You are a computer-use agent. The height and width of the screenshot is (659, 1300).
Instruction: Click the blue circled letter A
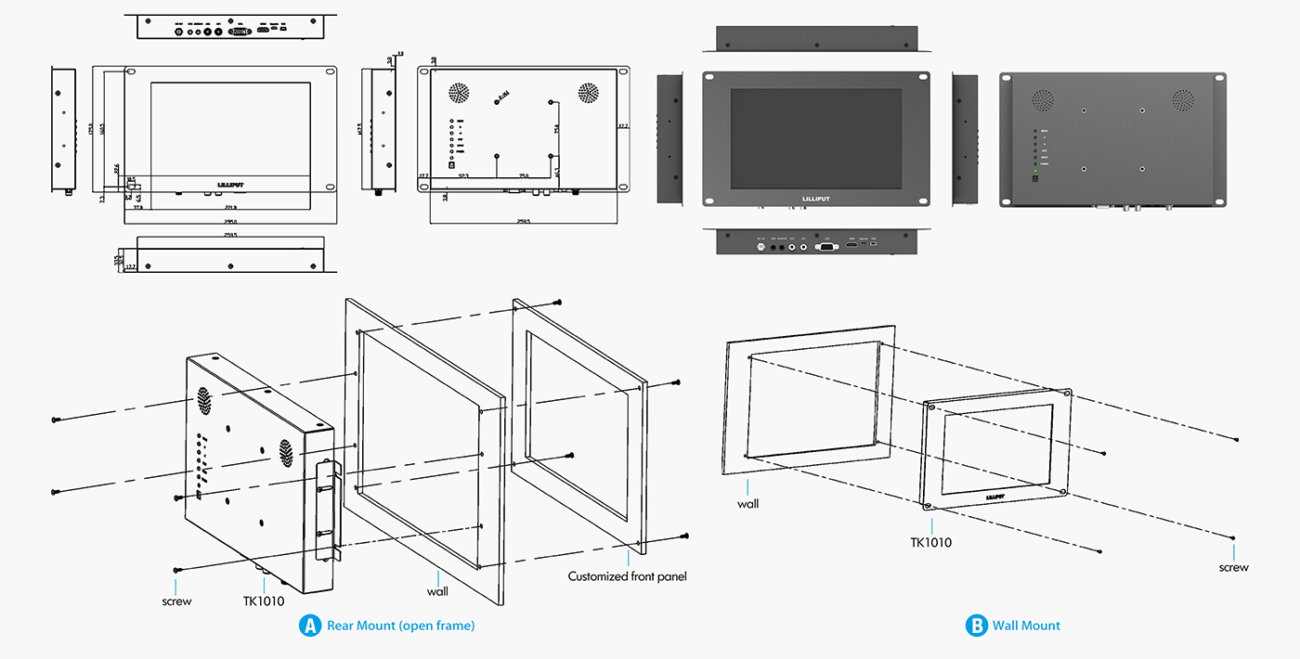(309, 626)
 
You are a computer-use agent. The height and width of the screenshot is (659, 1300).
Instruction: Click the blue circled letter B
(976, 626)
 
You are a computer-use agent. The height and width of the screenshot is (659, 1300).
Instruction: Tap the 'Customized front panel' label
(627, 576)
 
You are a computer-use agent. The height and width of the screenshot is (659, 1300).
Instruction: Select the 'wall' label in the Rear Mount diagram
(437, 590)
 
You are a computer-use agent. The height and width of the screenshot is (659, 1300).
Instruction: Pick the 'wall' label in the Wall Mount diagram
(747, 504)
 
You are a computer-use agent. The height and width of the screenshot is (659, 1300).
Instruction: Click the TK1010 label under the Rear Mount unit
(264, 601)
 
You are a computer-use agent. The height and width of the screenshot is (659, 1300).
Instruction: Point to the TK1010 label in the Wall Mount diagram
(930, 543)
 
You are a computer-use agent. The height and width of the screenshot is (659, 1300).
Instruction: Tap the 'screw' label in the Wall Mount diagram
(1233, 567)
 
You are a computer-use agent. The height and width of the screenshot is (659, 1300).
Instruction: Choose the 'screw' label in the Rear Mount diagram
(176, 601)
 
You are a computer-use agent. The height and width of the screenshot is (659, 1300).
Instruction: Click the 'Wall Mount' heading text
(1026, 626)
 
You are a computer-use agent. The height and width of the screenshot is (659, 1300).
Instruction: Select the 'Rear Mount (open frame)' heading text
(400, 626)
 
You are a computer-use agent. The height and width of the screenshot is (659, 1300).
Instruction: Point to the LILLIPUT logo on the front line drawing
(229, 184)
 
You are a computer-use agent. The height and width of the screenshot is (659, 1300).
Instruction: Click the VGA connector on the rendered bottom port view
(825, 246)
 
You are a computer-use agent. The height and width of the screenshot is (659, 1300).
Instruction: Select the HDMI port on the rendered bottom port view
(851, 245)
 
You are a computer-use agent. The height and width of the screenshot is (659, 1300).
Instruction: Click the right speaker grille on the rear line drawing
(588, 93)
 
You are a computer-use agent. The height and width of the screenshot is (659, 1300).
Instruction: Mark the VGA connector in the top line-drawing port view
(240, 31)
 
